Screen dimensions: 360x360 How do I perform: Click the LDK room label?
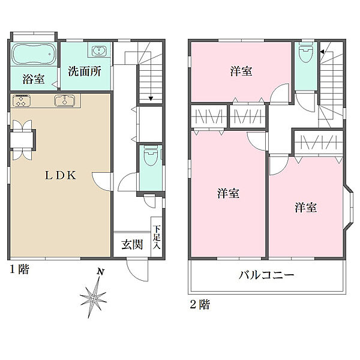(61, 176)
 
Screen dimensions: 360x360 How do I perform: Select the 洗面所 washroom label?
(83, 71)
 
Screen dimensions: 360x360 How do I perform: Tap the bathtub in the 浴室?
(34, 56)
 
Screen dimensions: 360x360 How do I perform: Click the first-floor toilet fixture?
(150, 159)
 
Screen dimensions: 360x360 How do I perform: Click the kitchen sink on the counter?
(62, 100)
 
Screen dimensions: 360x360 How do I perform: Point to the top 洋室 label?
(241, 71)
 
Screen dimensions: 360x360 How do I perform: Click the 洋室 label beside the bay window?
(305, 208)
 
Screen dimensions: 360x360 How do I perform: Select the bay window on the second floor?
(349, 207)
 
